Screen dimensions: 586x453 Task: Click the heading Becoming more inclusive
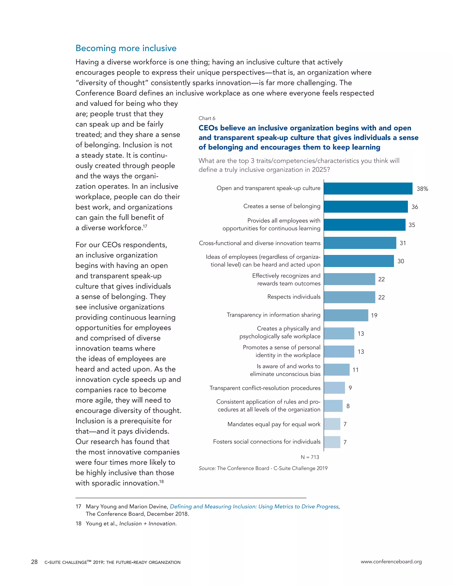click(x=126, y=48)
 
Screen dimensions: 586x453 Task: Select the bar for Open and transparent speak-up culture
click(x=368, y=188)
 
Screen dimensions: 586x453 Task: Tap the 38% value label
click(x=422, y=189)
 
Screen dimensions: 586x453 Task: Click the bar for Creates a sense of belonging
click(x=365, y=207)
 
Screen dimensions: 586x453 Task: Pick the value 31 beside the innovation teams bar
click(x=403, y=243)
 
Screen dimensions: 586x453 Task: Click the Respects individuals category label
click(x=294, y=297)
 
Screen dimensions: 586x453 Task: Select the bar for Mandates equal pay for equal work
click(x=332, y=424)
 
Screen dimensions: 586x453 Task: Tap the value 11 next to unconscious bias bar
click(x=355, y=370)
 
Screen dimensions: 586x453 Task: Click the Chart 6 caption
click(x=207, y=118)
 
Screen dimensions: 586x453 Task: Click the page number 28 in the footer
click(x=34, y=562)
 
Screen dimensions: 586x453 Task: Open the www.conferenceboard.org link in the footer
click(x=391, y=562)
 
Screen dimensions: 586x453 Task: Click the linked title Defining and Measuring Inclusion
click(x=254, y=507)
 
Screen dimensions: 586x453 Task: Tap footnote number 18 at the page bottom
click(x=78, y=523)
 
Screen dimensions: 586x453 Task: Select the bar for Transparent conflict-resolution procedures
click(x=334, y=388)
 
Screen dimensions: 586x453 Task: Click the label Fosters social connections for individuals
click(x=267, y=442)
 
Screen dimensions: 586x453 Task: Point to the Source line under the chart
click(x=263, y=468)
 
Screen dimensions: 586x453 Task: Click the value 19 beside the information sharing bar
click(x=374, y=316)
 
